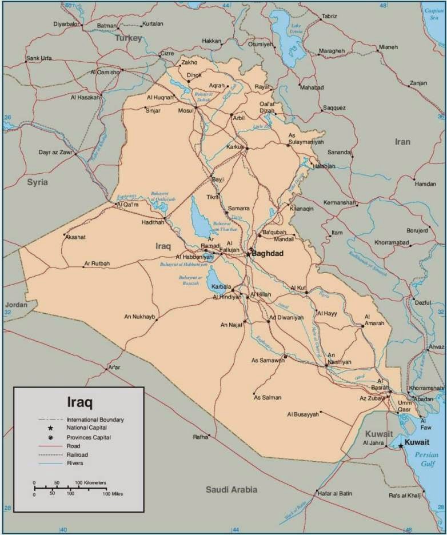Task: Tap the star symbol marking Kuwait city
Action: click(x=401, y=446)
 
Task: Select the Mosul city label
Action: click(x=186, y=110)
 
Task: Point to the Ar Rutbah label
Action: click(x=97, y=263)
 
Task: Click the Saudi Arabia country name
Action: click(x=232, y=489)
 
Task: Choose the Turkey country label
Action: click(x=128, y=38)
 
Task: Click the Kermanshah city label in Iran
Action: click(x=340, y=202)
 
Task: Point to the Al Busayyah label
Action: click(x=302, y=414)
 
